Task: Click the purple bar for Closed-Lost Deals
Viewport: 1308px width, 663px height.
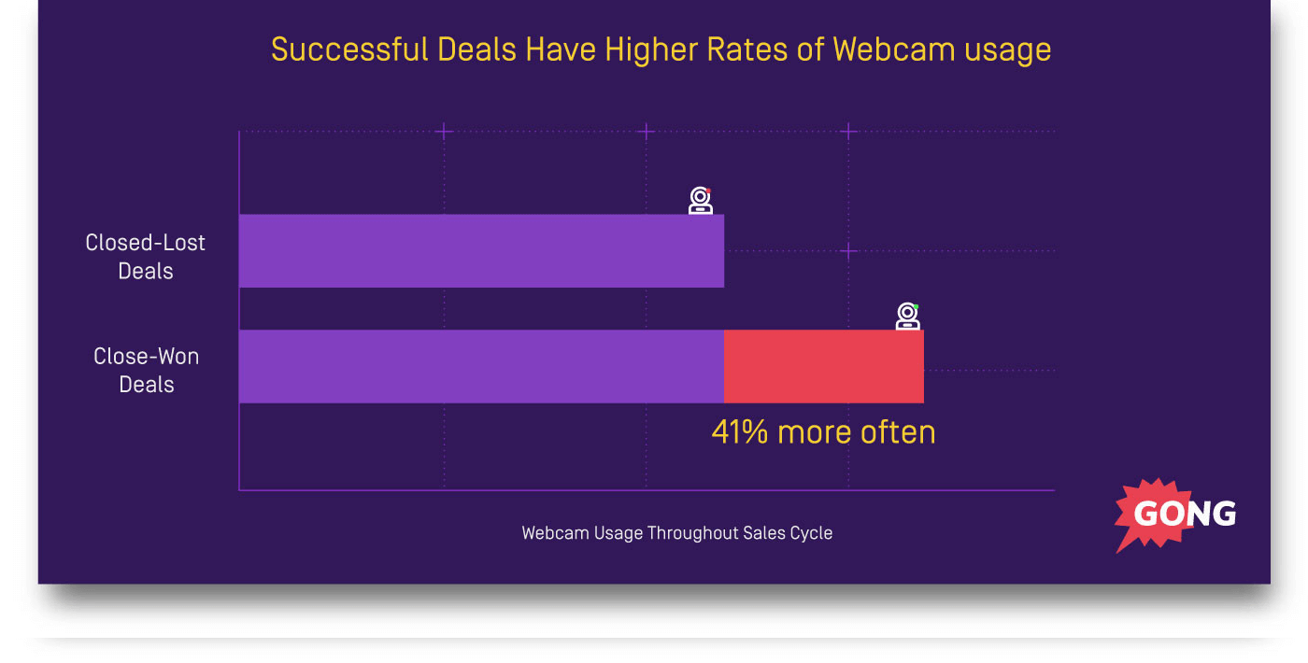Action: click(x=481, y=251)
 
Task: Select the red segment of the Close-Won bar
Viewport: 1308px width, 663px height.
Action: click(x=824, y=367)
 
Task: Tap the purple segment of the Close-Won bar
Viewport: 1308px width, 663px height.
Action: click(x=481, y=367)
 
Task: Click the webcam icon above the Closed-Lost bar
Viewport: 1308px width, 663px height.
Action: click(x=701, y=201)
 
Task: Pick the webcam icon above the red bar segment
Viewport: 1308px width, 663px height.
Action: click(x=908, y=317)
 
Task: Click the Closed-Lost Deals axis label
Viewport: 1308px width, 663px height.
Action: click(x=146, y=257)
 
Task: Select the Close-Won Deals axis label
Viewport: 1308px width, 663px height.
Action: click(x=147, y=371)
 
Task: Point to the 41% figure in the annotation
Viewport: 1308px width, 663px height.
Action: click(x=741, y=432)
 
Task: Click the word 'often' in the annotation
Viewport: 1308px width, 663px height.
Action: click(x=899, y=432)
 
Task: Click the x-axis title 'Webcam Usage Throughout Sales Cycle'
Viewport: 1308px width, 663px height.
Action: click(x=676, y=533)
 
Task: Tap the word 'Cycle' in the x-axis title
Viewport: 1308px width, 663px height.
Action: click(x=811, y=533)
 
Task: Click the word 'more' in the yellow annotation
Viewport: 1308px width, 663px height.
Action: click(x=815, y=432)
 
